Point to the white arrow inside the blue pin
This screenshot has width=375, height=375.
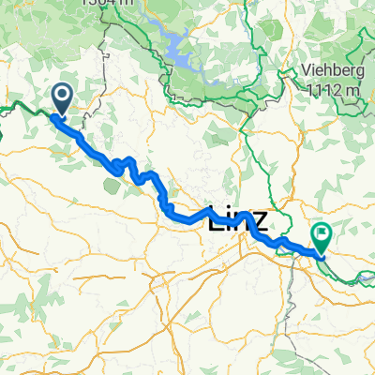pyautogui.click(x=64, y=95)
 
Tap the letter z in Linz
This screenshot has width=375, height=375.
pyautogui.click(x=259, y=222)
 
